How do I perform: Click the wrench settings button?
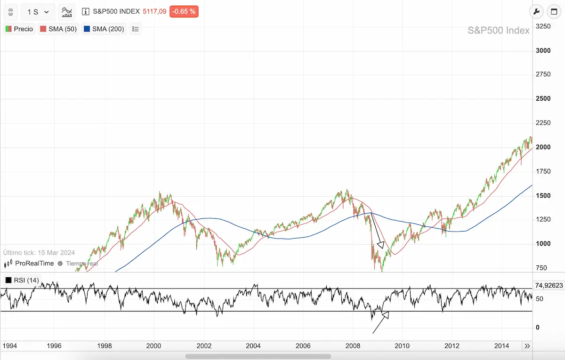pyautogui.click(x=536, y=12)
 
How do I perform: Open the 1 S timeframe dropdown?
pyautogui.click(x=38, y=12)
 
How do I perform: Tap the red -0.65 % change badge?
pyautogui.click(x=184, y=11)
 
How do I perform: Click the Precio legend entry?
pyautogui.click(x=19, y=29)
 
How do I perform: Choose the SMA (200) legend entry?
pyautogui.click(x=104, y=29)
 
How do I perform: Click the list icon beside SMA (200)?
pyautogui.click(x=136, y=29)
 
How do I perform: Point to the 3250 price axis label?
pyautogui.click(x=543, y=26)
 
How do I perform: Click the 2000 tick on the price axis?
pyautogui.click(x=543, y=147)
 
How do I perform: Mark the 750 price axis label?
pyautogui.click(x=541, y=268)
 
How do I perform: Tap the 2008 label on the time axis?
pyautogui.click(x=353, y=346)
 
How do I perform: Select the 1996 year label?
pyautogui.click(x=55, y=346)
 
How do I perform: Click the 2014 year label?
pyautogui.click(x=502, y=346)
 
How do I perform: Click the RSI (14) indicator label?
pyautogui.click(x=22, y=280)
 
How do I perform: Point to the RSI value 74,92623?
pyautogui.click(x=549, y=285)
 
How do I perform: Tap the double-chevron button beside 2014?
pyautogui.click(x=527, y=346)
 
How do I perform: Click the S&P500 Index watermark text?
pyautogui.click(x=498, y=31)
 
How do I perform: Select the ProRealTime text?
pyautogui.click(x=34, y=264)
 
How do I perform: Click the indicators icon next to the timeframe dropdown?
pyautogui.click(x=67, y=12)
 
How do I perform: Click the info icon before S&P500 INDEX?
pyautogui.click(x=86, y=12)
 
